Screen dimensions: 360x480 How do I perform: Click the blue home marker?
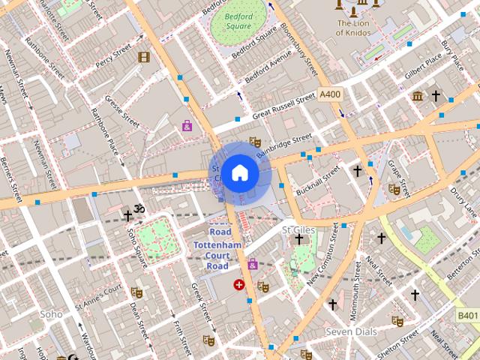pos(239,173)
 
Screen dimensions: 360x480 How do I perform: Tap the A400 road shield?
pos(329,94)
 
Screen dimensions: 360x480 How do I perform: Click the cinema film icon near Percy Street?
pos(143,56)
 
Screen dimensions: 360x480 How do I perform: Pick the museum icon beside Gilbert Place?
pos(417,95)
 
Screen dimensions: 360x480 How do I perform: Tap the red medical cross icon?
pos(239,284)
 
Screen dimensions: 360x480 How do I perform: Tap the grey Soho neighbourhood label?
pos(52,314)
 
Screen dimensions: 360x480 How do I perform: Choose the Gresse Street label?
pos(123,110)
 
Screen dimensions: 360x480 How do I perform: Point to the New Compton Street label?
pos(322,255)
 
